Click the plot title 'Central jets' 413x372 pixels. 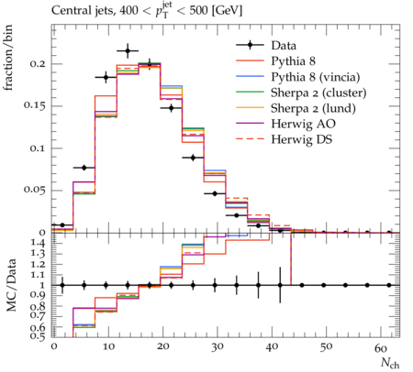pos(83,11)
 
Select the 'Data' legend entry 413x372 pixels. pos(284,46)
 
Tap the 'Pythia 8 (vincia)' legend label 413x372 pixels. pos(316,77)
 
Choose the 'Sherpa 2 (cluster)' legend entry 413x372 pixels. pos(318,93)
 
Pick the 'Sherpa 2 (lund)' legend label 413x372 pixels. pos(313,108)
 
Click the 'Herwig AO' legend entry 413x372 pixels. pos(303,124)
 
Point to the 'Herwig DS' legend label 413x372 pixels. pos(302,139)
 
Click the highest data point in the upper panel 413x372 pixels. pos(128,51)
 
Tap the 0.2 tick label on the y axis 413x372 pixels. pos(38,64)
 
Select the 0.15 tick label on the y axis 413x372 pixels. pos(35,106)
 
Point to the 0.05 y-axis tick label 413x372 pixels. pos(35,190)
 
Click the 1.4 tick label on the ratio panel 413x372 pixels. pos(39,244)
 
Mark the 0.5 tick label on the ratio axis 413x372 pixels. pos(39,336)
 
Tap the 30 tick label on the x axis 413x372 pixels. pos(217,347)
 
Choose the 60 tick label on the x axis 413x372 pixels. pos(380,347)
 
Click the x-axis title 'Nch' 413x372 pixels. pos(390,363)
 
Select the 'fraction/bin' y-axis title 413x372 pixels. pos(8,58)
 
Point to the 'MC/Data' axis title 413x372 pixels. pos(11,285)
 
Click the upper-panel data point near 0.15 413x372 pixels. pos(172,108)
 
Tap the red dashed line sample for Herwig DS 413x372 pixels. pos(250,139)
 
